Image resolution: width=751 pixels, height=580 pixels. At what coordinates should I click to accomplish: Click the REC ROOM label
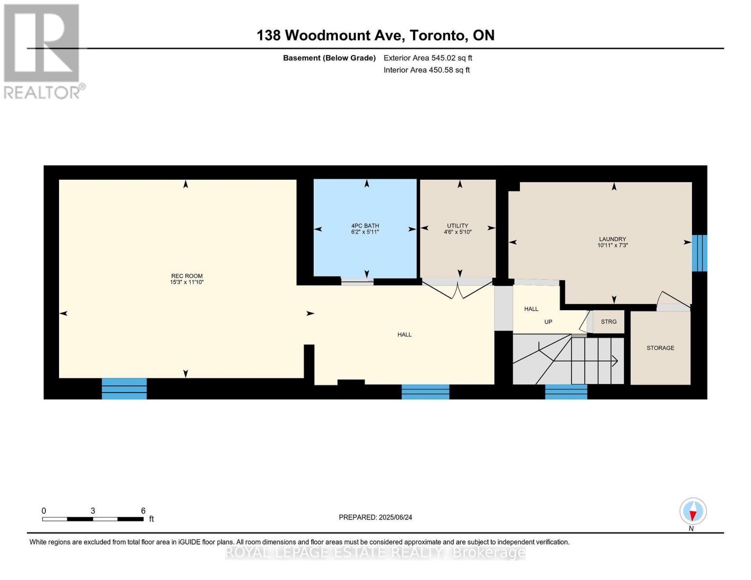(x=187, y=276)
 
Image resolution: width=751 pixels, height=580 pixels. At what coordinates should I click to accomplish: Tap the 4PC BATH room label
(x=365, y=226)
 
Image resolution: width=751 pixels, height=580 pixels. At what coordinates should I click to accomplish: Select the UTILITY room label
(x=457, y=226)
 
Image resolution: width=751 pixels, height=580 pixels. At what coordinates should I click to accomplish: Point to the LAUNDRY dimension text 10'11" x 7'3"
(x=612, y=246)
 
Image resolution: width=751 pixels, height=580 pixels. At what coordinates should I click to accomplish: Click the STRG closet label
(x=608, y=322)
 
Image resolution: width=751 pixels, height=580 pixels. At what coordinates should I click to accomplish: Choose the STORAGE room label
(x=660, y=348)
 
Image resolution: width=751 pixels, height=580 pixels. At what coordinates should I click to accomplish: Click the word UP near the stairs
(x=548, y=322)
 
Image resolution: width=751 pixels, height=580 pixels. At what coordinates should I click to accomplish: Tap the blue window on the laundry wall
(x=699, y=253)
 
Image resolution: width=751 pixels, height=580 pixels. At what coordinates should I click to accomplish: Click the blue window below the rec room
(x=124, y=389)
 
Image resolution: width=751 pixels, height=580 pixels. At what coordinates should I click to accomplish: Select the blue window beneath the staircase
(x=566, y=391)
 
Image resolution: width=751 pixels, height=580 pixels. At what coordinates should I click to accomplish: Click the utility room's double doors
(x=457, y=289)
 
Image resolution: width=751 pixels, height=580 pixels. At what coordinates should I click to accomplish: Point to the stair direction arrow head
(x=615, y=361)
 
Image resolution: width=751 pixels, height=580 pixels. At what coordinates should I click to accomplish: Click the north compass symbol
(x=692, y=511)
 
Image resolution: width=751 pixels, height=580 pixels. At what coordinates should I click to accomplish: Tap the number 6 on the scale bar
(x=143, y=511)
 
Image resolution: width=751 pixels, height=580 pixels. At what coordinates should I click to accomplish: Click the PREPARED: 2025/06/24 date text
(x=375, y=517)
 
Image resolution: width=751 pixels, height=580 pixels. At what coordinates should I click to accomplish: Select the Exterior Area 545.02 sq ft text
(x=427, y=58)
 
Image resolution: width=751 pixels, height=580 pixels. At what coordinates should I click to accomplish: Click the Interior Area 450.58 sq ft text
(x=427, y=70)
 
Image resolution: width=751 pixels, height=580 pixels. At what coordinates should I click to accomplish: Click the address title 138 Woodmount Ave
(x=332, y=35)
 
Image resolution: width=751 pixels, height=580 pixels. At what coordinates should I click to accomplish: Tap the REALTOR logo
(x=43, y=51)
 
